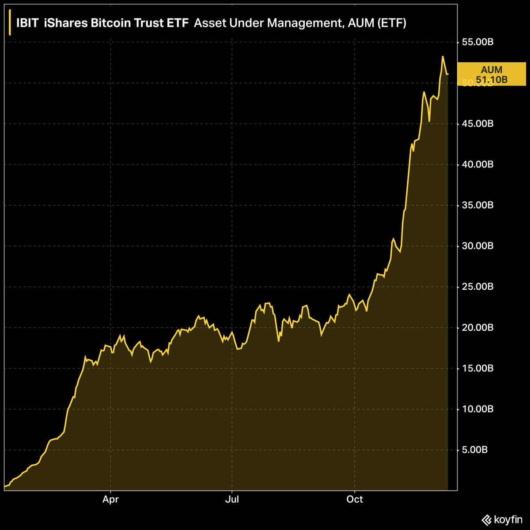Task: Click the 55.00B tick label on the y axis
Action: point(477,42)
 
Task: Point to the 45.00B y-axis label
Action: point(477,124)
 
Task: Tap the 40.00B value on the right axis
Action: point(477,165)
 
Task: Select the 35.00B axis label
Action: point(477,205)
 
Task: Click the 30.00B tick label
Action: point(477,246)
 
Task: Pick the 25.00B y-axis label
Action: point(477,287)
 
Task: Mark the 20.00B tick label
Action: point(477,328)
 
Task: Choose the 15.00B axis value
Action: point(477,368)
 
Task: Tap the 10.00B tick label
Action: point(477,409)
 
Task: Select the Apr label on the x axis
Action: point(110,500)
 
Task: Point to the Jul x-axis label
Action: point(232,500)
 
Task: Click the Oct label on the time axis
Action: point(355,500)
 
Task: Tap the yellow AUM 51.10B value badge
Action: point(492,74)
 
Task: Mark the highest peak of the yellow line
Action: point(443,57)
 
